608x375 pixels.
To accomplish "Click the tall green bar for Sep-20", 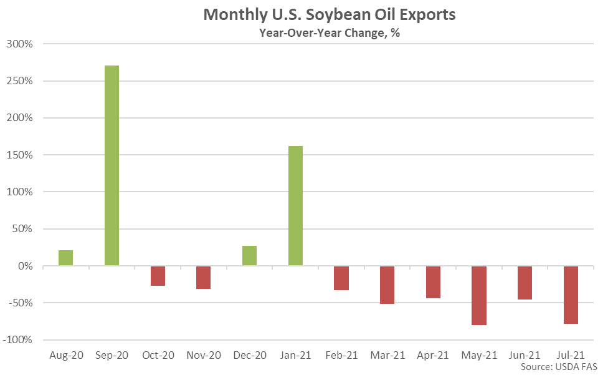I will [112, 165].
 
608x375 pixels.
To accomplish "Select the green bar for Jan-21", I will [295, 206].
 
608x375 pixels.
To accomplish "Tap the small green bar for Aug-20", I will [65, 258].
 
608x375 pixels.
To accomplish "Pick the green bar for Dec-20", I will [249, 256].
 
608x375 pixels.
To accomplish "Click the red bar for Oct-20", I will [158, 276].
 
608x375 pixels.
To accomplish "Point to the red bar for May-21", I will [479, 296].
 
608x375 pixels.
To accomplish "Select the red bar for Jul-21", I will [571, 295].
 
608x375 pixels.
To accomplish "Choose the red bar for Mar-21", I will [387, 285].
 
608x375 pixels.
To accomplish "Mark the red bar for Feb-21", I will [341, 278].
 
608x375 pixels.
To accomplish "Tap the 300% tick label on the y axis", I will [21, 44].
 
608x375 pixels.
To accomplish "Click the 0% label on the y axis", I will [25, 266].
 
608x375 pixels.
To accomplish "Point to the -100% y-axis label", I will [19, 340].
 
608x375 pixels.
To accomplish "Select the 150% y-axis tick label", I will [21, 155].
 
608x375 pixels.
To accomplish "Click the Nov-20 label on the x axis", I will [204, 355].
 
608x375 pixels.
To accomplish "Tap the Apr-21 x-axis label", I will [433, 355].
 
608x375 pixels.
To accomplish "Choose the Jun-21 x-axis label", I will [525, 355].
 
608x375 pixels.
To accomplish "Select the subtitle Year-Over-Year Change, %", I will [330, 33].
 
